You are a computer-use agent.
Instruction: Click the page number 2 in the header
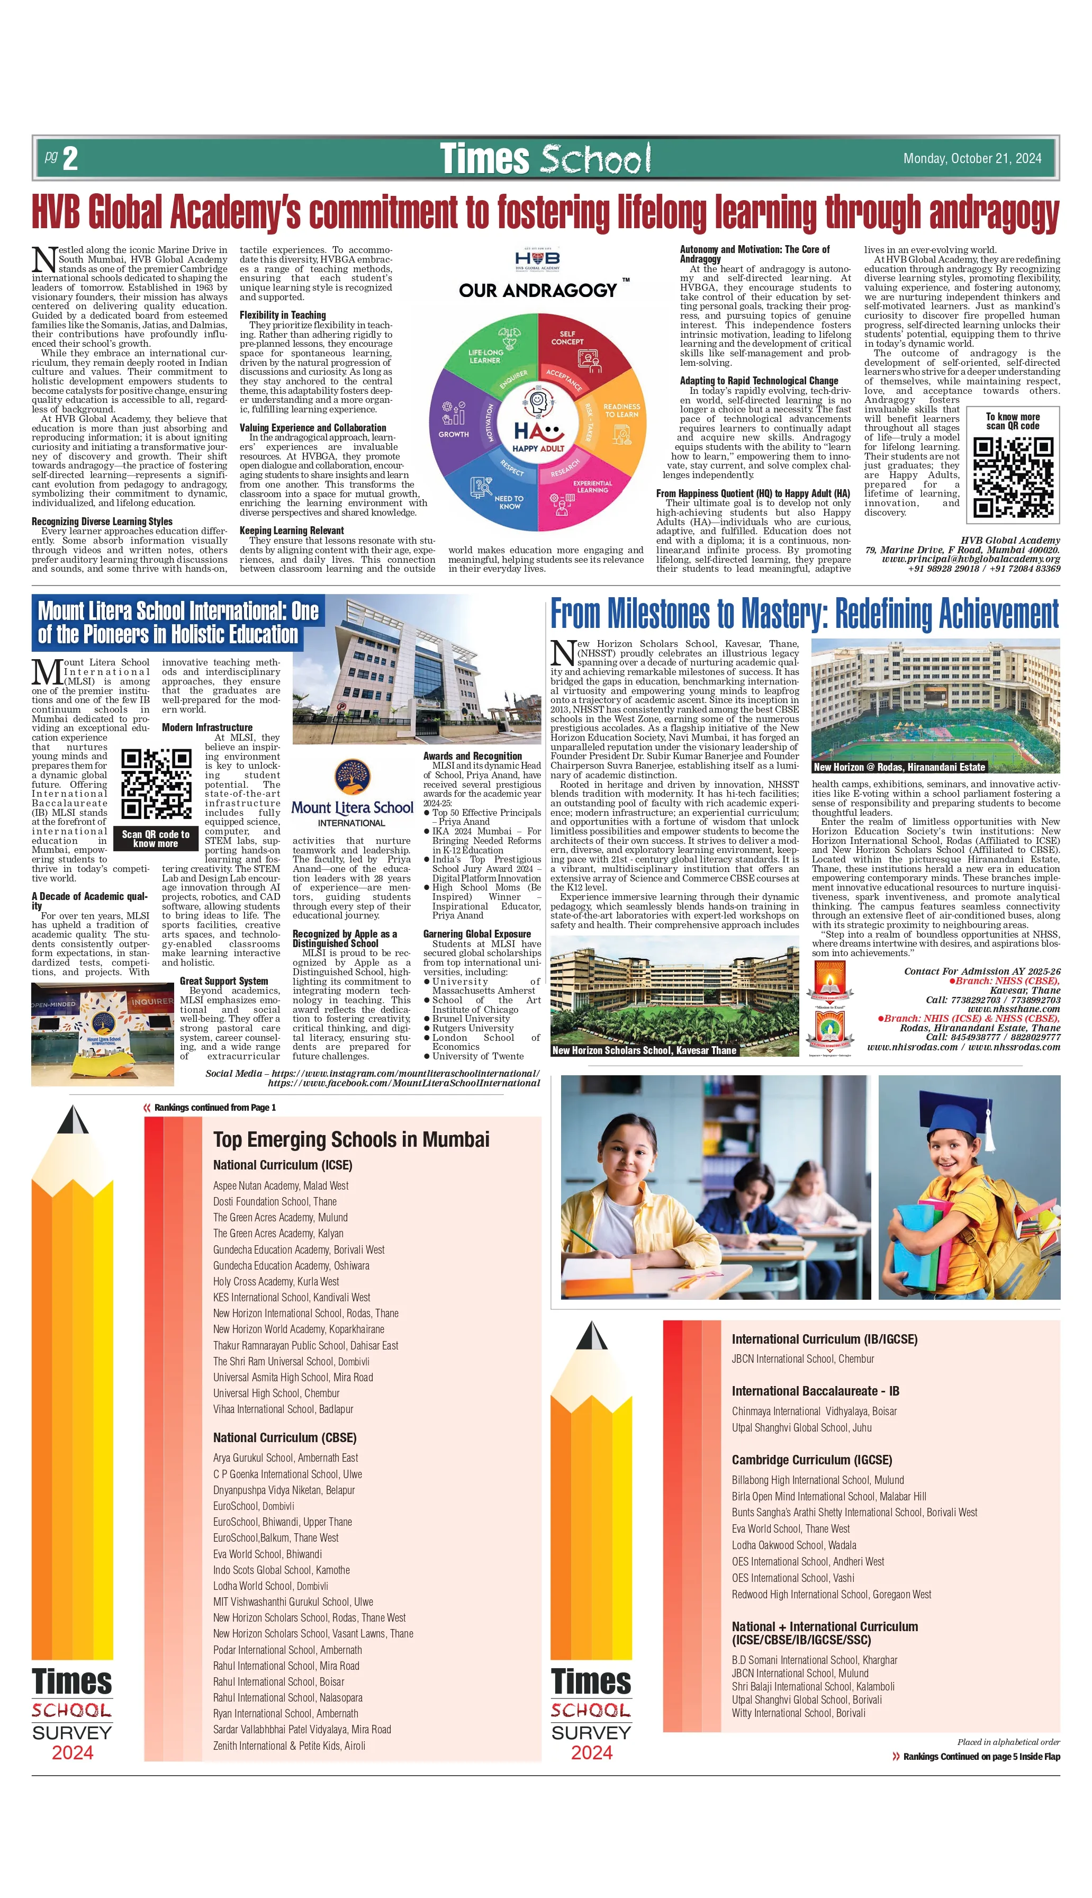pyautogui.click(x=70, y=158)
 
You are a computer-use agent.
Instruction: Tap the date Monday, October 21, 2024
pyautogui.click(x=971, y=158)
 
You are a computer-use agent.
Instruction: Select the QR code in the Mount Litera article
pyautogui.click(x=156, y=784)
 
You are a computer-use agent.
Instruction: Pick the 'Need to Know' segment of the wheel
pyautogui.click(x=499, y=495)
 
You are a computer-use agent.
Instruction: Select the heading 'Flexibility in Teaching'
pyautogui.click(x=283, y=315)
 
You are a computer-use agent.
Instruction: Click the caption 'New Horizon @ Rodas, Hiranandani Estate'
pyautogui.click(x=898, y=767)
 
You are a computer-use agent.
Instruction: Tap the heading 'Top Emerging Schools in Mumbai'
pyautogui.click(x=351, y=1139)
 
